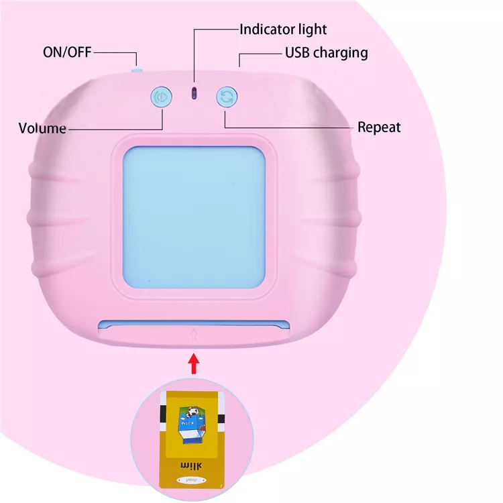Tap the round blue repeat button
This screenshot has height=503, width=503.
227,97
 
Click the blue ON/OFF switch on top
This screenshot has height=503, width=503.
136,68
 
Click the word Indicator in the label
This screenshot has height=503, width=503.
267,30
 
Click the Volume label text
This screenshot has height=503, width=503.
42,128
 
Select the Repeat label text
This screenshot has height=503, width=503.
379,127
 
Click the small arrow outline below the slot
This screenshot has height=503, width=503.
194,333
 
